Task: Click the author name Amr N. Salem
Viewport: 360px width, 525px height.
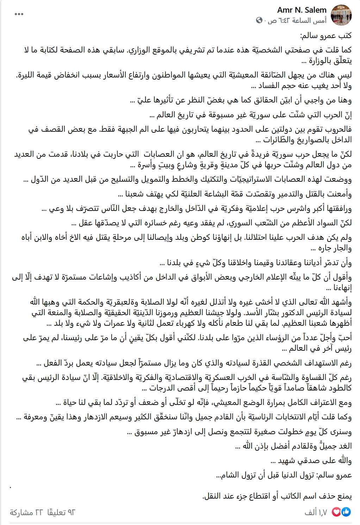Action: point(302,10)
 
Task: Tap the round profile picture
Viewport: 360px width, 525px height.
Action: point(342,15)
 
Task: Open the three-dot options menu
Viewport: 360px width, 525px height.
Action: point(19,14)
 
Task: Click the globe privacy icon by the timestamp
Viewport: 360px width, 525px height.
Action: point(259,20)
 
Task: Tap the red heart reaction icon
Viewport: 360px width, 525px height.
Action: point(336,512)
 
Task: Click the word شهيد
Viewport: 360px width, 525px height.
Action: point(287,461)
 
